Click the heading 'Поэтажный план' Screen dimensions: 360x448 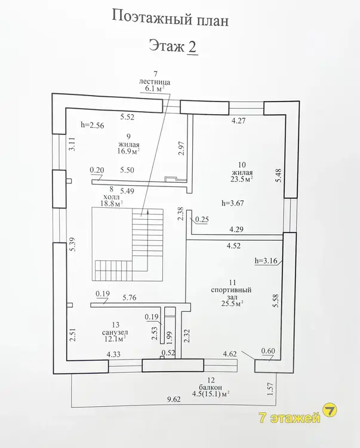(x=170, y=19)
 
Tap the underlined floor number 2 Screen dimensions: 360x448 (x=192, y=47)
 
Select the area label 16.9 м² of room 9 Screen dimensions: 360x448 (x=128, y=151)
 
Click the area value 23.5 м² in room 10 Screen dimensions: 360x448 (x=242, y=179)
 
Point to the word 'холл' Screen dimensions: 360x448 (x=112, y=197)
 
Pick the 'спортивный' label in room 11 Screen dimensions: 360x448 (x=231, y=290)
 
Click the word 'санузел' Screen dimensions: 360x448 (x=115, y=332)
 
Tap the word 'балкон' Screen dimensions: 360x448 (x=211, y=388)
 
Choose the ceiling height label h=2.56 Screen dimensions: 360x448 (x=92, y=125)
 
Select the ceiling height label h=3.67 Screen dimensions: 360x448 (x=233, y=203)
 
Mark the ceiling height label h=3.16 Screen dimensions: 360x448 (x=266, y=261)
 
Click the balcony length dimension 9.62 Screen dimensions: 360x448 (x=173, y=399)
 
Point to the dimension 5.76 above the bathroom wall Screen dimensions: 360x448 (x=130, y=297)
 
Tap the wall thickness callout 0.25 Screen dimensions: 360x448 (x=202, y=219)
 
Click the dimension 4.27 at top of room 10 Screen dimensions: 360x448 (x=238, y=121)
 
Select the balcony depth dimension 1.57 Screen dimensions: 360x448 (x=270, y=388)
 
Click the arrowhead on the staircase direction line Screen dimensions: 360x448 (x=147, y=212)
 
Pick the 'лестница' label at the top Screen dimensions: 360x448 (x=155, y=82)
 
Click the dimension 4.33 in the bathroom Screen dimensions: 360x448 (x=113, y=355)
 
